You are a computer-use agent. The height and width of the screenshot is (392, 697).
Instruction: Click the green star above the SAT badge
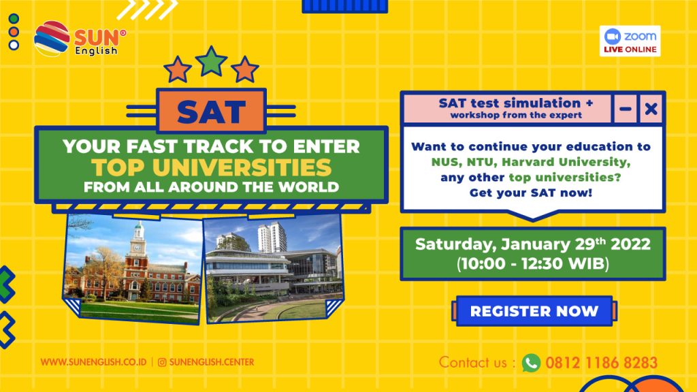pos(212,61)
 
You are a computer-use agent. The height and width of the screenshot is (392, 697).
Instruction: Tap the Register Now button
pos(534,311)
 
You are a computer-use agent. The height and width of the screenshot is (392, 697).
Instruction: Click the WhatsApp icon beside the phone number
pos(531,363)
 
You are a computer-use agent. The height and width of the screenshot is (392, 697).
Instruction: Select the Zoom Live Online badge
pos(630,41)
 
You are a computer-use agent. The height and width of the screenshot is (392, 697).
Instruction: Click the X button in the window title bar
pos(651,108)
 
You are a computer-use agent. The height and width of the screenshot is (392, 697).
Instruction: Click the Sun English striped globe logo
pos(52,39)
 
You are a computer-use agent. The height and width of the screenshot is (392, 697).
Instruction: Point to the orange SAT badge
pos(211,111)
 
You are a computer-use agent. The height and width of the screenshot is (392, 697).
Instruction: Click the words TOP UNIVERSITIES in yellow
pos(212,167)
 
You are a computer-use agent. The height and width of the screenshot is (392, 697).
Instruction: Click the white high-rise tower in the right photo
pos(272,237)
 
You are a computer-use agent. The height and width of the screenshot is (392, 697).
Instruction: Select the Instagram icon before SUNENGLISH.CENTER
pos(162,362)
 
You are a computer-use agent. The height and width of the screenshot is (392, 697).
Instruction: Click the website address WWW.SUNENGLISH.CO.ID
pos(93,362)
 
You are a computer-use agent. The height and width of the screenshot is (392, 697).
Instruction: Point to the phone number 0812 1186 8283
pos(602,363)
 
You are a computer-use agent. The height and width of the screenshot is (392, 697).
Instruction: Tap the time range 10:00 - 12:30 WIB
pos(532,263)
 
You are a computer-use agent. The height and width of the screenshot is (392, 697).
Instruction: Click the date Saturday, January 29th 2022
pos(532,244)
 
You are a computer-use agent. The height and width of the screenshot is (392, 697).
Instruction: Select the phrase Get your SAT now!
pos(531,193)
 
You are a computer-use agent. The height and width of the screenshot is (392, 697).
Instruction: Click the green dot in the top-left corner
pos(14,18)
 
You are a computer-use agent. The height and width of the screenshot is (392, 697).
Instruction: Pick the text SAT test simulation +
pos(516,103)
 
